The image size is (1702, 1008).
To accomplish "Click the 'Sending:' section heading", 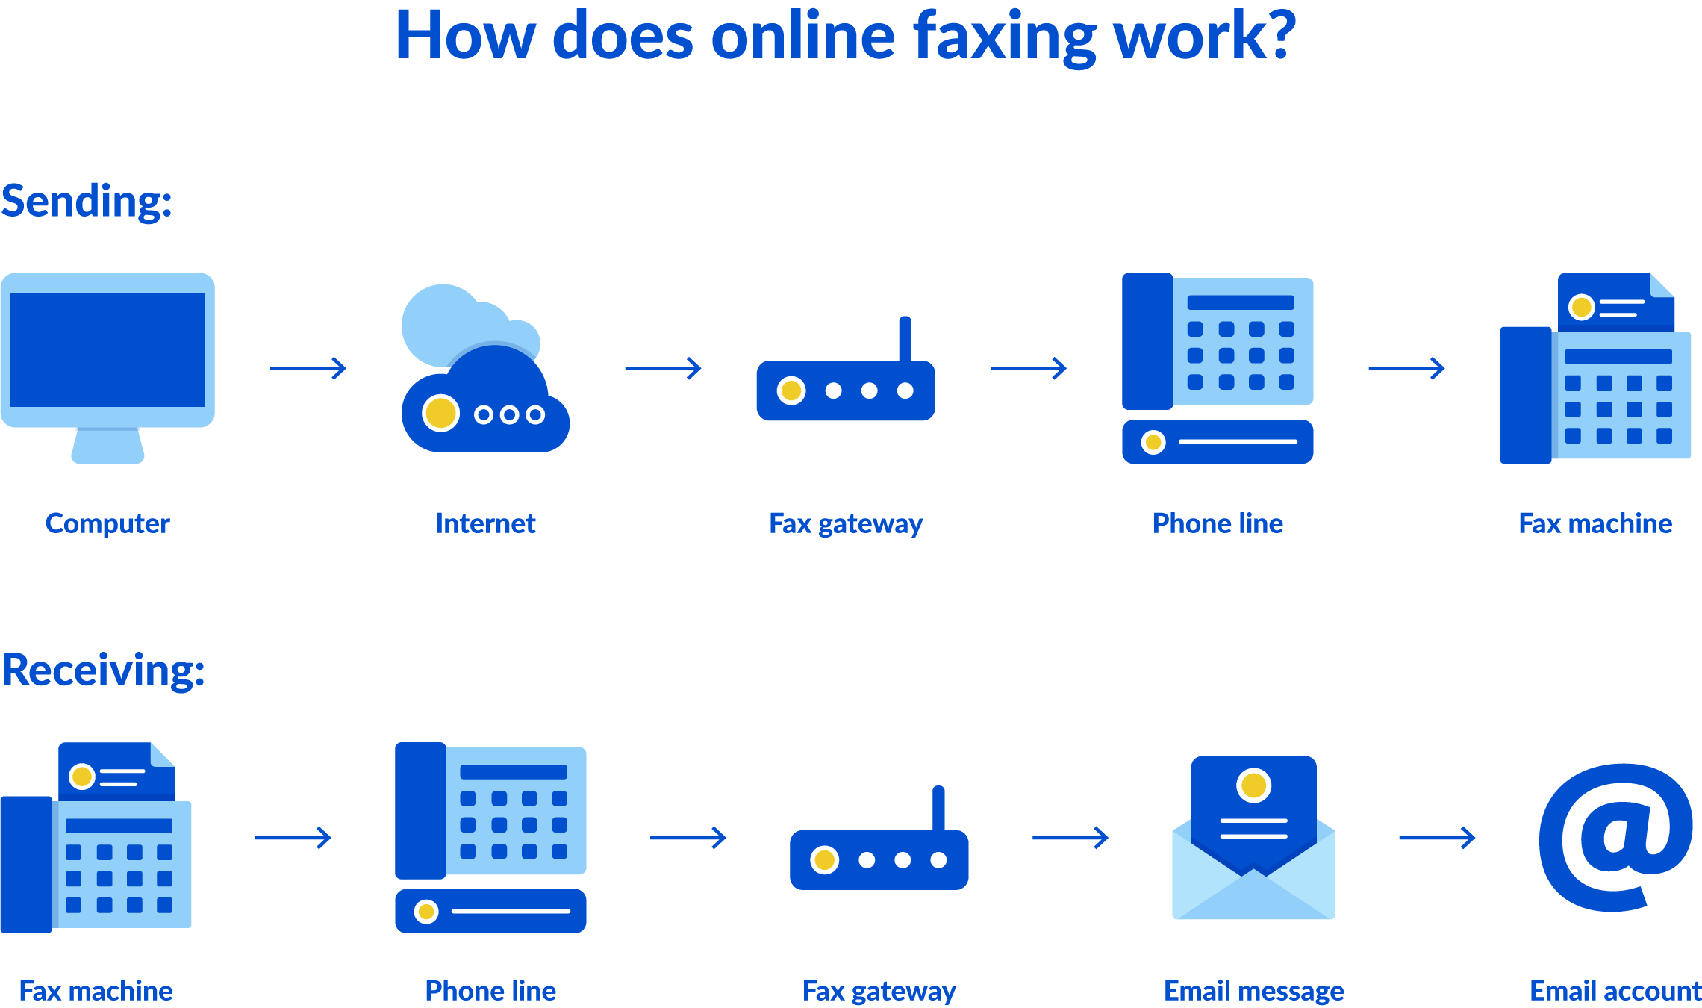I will point(87,202).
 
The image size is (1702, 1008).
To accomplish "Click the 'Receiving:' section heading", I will point(103,670).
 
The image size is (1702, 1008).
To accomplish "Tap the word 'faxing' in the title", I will point(1005,37).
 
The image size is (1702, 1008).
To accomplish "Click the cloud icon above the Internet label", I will point(485,373).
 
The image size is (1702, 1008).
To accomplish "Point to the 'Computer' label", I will point(107,523).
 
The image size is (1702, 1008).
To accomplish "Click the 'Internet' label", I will point(485,523).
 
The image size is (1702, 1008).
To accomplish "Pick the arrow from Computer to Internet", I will point(308,368).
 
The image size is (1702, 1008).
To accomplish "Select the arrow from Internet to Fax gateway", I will point(663,368).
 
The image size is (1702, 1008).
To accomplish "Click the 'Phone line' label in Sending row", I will point(1218,523).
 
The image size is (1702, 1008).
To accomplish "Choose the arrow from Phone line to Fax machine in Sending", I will point(1406,368).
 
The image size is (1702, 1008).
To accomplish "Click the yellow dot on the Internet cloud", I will point(440,413).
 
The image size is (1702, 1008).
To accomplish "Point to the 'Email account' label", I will point(1615,991).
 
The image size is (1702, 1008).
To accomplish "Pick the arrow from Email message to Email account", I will point(1437,838).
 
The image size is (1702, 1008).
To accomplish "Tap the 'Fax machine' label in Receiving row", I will point(96,991).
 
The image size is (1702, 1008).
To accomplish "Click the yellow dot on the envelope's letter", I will point(1253,785).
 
